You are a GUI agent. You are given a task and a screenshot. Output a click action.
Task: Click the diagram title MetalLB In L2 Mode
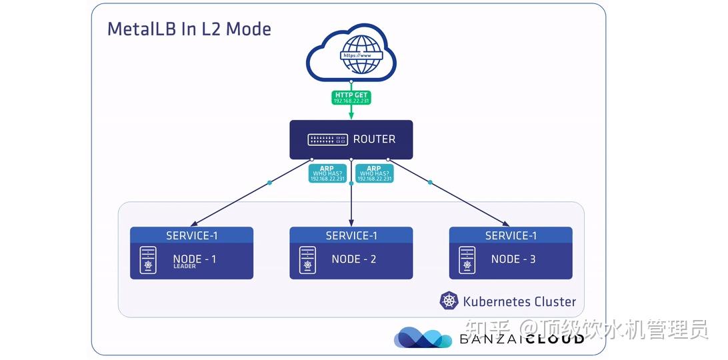(x=189, y=29)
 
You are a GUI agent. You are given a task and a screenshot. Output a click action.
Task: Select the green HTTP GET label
(x=351, y=98)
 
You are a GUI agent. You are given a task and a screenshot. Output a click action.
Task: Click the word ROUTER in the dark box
(x=374, y=139)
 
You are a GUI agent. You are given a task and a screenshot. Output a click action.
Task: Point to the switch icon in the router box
(x=327, y=139)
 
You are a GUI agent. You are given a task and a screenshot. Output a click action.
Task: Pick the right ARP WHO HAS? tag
(x=374, y=173)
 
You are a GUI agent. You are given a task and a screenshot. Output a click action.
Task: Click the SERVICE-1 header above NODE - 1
(x=191, y=235)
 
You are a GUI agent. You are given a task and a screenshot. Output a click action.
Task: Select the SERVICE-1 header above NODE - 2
(x=351, y=235)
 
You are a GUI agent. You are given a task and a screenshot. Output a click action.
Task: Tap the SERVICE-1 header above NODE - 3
(x=511, y=235)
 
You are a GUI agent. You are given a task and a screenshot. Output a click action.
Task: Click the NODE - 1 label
(x=195, y=259)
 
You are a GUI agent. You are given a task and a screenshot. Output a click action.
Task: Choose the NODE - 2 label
(x=354, y=259)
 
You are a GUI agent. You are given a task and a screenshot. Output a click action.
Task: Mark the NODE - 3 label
(x=513, y=259)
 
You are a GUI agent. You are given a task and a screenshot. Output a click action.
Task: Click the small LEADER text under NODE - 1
(x=185, y=267)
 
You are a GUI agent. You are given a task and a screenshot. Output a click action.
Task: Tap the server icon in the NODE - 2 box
(x=307, y=261)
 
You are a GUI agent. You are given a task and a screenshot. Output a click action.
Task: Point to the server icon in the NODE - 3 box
(x=467, y=261)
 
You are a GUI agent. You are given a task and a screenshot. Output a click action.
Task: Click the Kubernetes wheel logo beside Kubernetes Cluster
(x=449, y=301)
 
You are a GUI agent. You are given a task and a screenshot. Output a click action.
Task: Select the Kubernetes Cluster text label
(x=519, y=301)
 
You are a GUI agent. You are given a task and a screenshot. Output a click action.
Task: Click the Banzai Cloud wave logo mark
(x=422, y=338)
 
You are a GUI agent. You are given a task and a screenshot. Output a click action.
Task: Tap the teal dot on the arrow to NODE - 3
(x=430, y=182)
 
